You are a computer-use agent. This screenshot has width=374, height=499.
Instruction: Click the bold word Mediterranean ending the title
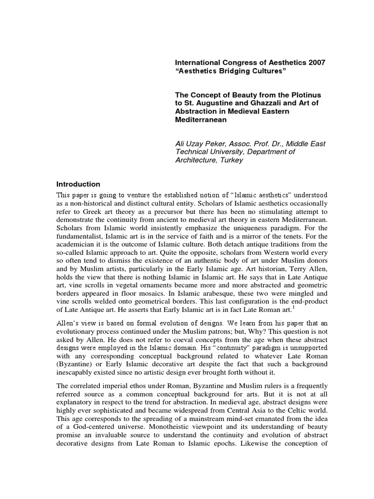click(x=199, y=119)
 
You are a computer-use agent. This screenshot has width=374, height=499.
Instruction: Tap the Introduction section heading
click(x=78, y=184)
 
